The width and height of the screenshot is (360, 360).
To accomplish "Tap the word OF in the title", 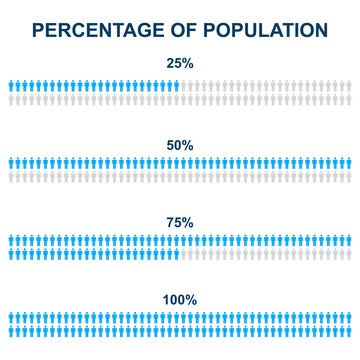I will point(176,30).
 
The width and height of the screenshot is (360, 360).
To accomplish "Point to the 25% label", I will point(180,65).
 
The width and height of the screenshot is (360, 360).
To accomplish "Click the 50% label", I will point(180,145).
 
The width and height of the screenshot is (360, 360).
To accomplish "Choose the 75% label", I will point(180,221).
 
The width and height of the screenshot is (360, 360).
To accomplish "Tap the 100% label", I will point(180,299).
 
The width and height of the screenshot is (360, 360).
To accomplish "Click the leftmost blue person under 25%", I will point(9,86).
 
